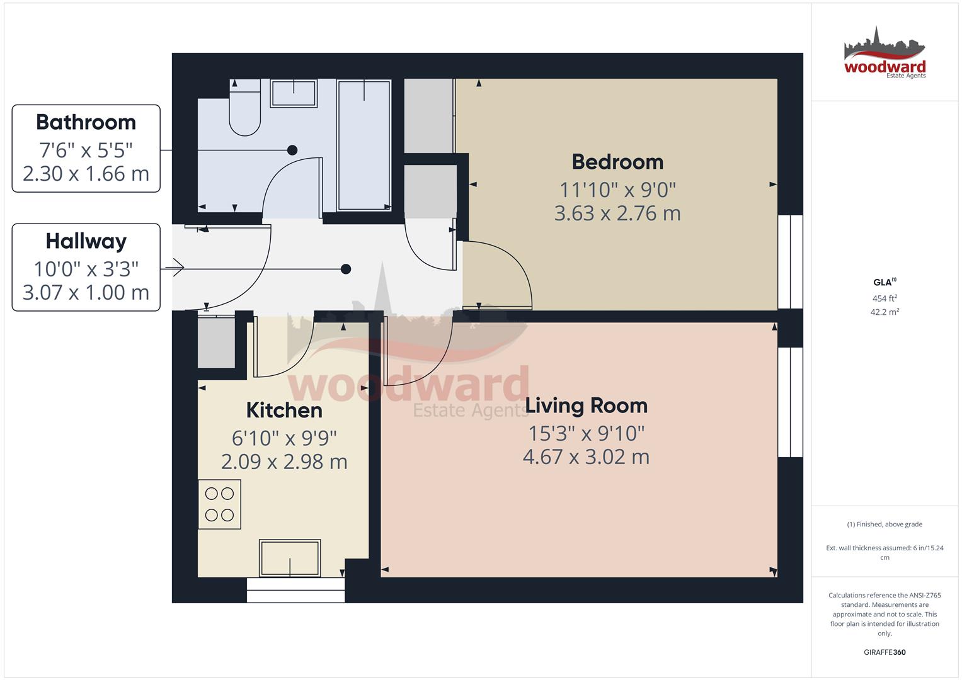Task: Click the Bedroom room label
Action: pos(617,162)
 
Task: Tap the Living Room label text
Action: pos(586,405)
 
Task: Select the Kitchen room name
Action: pos(284,411)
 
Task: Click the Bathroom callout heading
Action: pos(86,122)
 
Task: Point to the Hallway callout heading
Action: pos(86,241)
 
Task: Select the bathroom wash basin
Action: pos(294,93)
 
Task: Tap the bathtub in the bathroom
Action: pos(364,145)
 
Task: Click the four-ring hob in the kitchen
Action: pos(219,504)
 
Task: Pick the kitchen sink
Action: pos(290,558)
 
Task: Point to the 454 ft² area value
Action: pos(885,298)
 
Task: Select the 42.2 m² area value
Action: pos(885,312)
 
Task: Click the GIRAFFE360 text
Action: pos(885,652)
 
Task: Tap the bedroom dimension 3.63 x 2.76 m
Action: pos(617,213)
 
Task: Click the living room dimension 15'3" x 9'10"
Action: pos(586,434)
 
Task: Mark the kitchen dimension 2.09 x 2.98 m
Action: pos(284,462)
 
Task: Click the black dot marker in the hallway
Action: pos(346,269)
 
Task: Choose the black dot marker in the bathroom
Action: pos(292,150)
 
